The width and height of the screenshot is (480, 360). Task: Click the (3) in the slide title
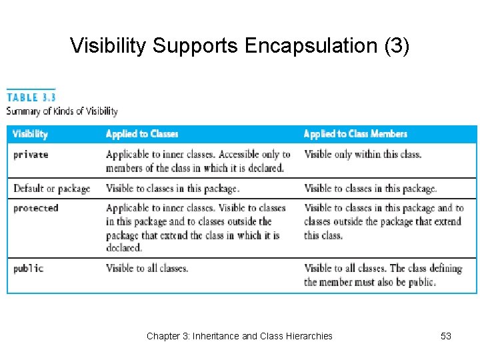coord(395,46)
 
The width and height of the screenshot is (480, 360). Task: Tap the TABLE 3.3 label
coord(31,97)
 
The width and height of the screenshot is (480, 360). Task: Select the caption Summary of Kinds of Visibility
coord(62,111)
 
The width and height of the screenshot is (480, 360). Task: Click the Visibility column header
coord(31,134)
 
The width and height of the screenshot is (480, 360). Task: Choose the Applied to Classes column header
coord(142,134)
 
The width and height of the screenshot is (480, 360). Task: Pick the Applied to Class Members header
coord(355,134)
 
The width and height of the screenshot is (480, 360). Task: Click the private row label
coord(31,155)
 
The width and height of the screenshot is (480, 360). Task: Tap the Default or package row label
coord(51,189)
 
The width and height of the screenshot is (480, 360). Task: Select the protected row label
coord(36,208)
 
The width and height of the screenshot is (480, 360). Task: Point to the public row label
coord(29,269)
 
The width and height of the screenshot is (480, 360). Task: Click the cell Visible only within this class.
coord(363,155)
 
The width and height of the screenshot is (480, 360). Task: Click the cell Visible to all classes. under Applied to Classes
coord(147,269)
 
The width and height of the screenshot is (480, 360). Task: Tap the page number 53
coord(446,336)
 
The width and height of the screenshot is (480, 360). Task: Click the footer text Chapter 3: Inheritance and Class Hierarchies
coord(239,336)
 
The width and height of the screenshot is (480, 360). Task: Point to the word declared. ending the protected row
coord(124,248)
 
